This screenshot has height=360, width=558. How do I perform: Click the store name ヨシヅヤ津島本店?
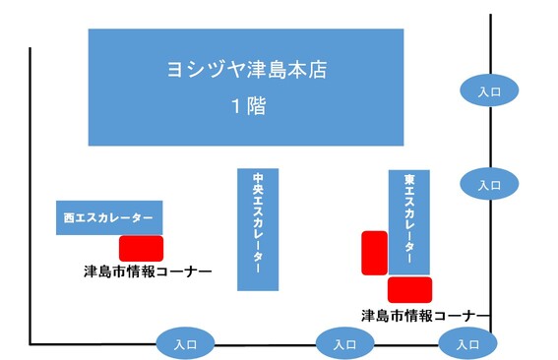point(246,71)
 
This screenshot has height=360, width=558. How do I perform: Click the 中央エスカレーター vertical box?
point(258,228)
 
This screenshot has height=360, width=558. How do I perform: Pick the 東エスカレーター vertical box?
point(408,221)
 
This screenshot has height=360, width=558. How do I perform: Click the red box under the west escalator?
point(141,248)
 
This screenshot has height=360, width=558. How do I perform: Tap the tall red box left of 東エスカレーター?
point(374,252)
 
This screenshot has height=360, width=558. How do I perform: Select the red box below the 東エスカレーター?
point(409,289)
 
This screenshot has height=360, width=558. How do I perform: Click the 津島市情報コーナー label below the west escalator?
point(148,270)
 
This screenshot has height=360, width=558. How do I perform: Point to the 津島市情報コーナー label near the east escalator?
point(418,316)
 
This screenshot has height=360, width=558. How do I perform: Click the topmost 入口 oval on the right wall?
point(489,90)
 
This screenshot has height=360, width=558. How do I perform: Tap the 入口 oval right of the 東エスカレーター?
point(489,184)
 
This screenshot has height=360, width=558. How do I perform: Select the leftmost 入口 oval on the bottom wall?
point(185,344)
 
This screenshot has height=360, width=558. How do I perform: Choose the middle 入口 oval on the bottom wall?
point(344,344)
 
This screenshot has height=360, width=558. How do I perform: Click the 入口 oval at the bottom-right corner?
point(462,344)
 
